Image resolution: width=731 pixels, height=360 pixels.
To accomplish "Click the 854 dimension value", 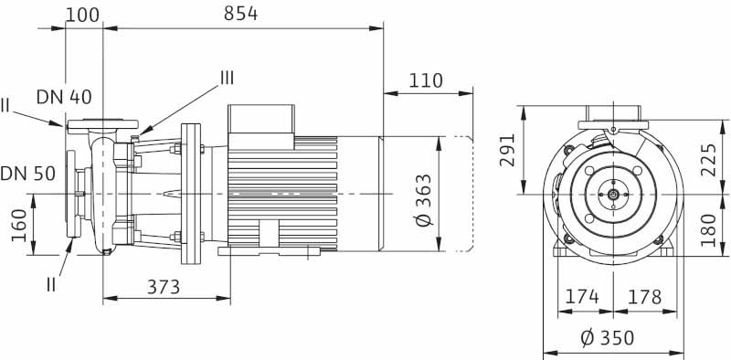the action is (240, 14).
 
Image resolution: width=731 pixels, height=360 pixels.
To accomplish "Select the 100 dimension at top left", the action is (82, 15).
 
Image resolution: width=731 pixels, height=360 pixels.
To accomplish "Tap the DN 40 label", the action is (64, 97).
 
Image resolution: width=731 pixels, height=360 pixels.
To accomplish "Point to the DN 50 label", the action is (28, 174).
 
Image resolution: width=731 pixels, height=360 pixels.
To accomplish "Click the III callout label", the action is (227, 79).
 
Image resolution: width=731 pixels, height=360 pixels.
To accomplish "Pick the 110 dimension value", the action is (426, 80).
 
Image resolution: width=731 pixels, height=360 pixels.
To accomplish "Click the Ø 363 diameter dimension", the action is (424, 200).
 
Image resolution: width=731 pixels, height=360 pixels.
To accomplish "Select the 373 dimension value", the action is (164, 287).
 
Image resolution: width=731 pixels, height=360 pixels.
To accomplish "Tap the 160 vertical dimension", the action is (19, 226).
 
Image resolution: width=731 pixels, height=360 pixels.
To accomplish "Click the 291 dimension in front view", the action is (507, 150).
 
